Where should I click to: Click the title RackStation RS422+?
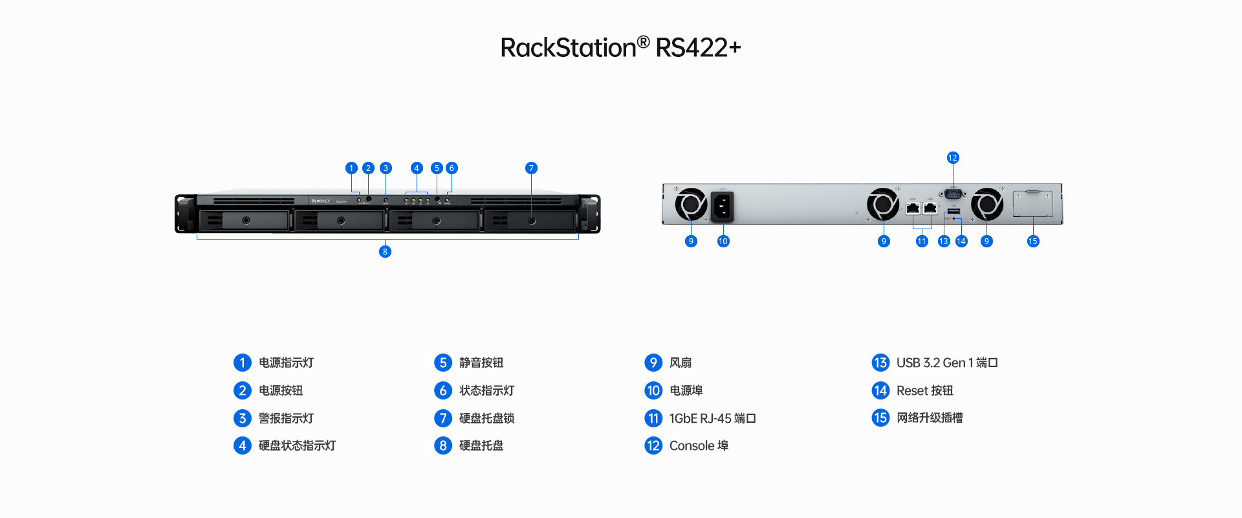tap(620, 47)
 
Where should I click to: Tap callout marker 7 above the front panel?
tap(531, 168)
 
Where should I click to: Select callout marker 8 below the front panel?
tap(385, 251)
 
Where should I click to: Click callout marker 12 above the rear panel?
tap(952, 158)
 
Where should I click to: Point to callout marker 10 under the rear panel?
tap(723, 242)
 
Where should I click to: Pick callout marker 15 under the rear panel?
tap(1033, 242)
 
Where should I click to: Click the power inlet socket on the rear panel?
tap(722, 207)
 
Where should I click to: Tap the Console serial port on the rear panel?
tap(953, 193)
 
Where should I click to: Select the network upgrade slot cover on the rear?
tap(1032, 203)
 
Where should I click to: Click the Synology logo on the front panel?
tap(320, 201)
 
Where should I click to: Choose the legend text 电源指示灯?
tap(286, 363)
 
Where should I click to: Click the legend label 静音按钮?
tap(481, 363)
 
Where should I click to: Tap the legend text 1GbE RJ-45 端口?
tap(712, 418)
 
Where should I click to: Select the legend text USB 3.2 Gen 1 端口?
tap(947, 363)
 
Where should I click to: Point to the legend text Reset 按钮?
tap(924, 390)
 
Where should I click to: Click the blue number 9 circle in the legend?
tap(653, 363)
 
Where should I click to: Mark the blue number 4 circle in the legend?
tap(242, 445)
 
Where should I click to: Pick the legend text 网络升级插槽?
tap(930, 418)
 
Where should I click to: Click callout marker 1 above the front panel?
tap(351, 168)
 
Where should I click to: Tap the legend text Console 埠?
tap(699, 445)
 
